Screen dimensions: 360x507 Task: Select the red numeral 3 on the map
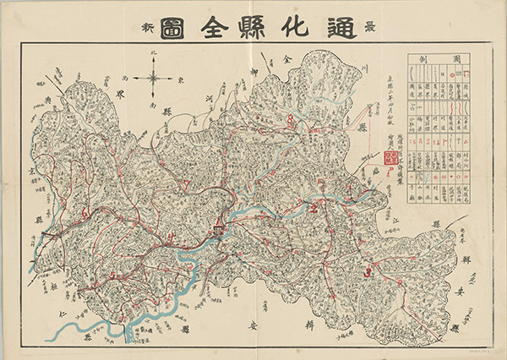(x=367, y=272)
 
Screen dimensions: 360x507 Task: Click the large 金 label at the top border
(x=287, y=61)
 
